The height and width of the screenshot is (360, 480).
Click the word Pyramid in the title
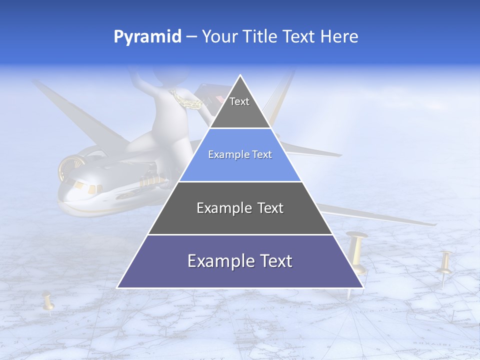click(x=147, y=37)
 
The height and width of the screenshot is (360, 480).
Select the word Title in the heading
click(x=261, y=37)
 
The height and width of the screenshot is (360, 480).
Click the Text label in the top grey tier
click(x=239, y=102)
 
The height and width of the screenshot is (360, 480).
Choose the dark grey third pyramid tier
click(x=240, y=215)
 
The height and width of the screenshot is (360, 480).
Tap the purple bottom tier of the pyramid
click(x=240, y=272)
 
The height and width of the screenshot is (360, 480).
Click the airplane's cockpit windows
click(x=85, y=187)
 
